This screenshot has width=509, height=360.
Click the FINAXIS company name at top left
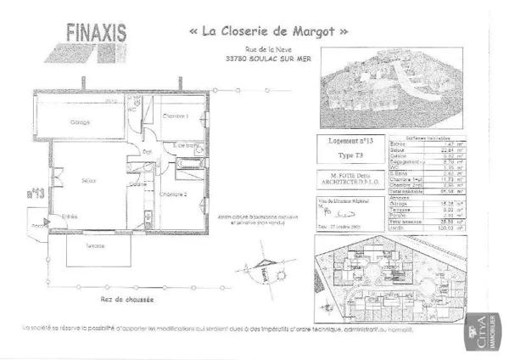[x=96, y=33]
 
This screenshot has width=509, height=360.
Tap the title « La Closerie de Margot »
[x=268, y=31]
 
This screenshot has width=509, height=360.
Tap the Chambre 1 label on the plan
[x=175, y=116]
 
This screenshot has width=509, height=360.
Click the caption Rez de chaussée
[x=127, y=299]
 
